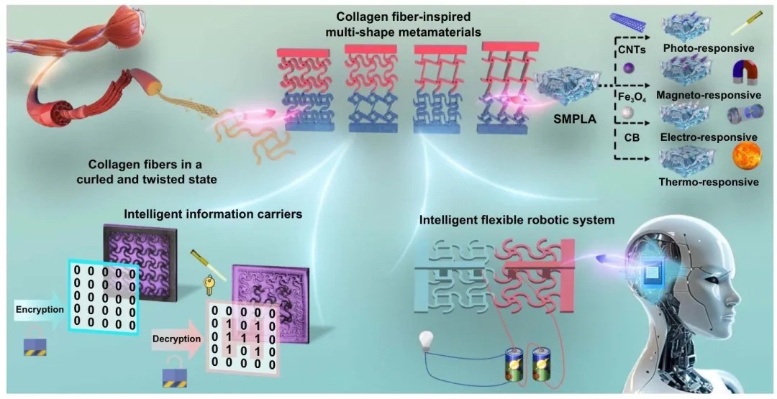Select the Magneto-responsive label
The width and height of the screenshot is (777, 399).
(709, 95)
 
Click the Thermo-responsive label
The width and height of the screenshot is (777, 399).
(708, 182)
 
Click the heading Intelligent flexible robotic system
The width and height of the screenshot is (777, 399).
(517, 219)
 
